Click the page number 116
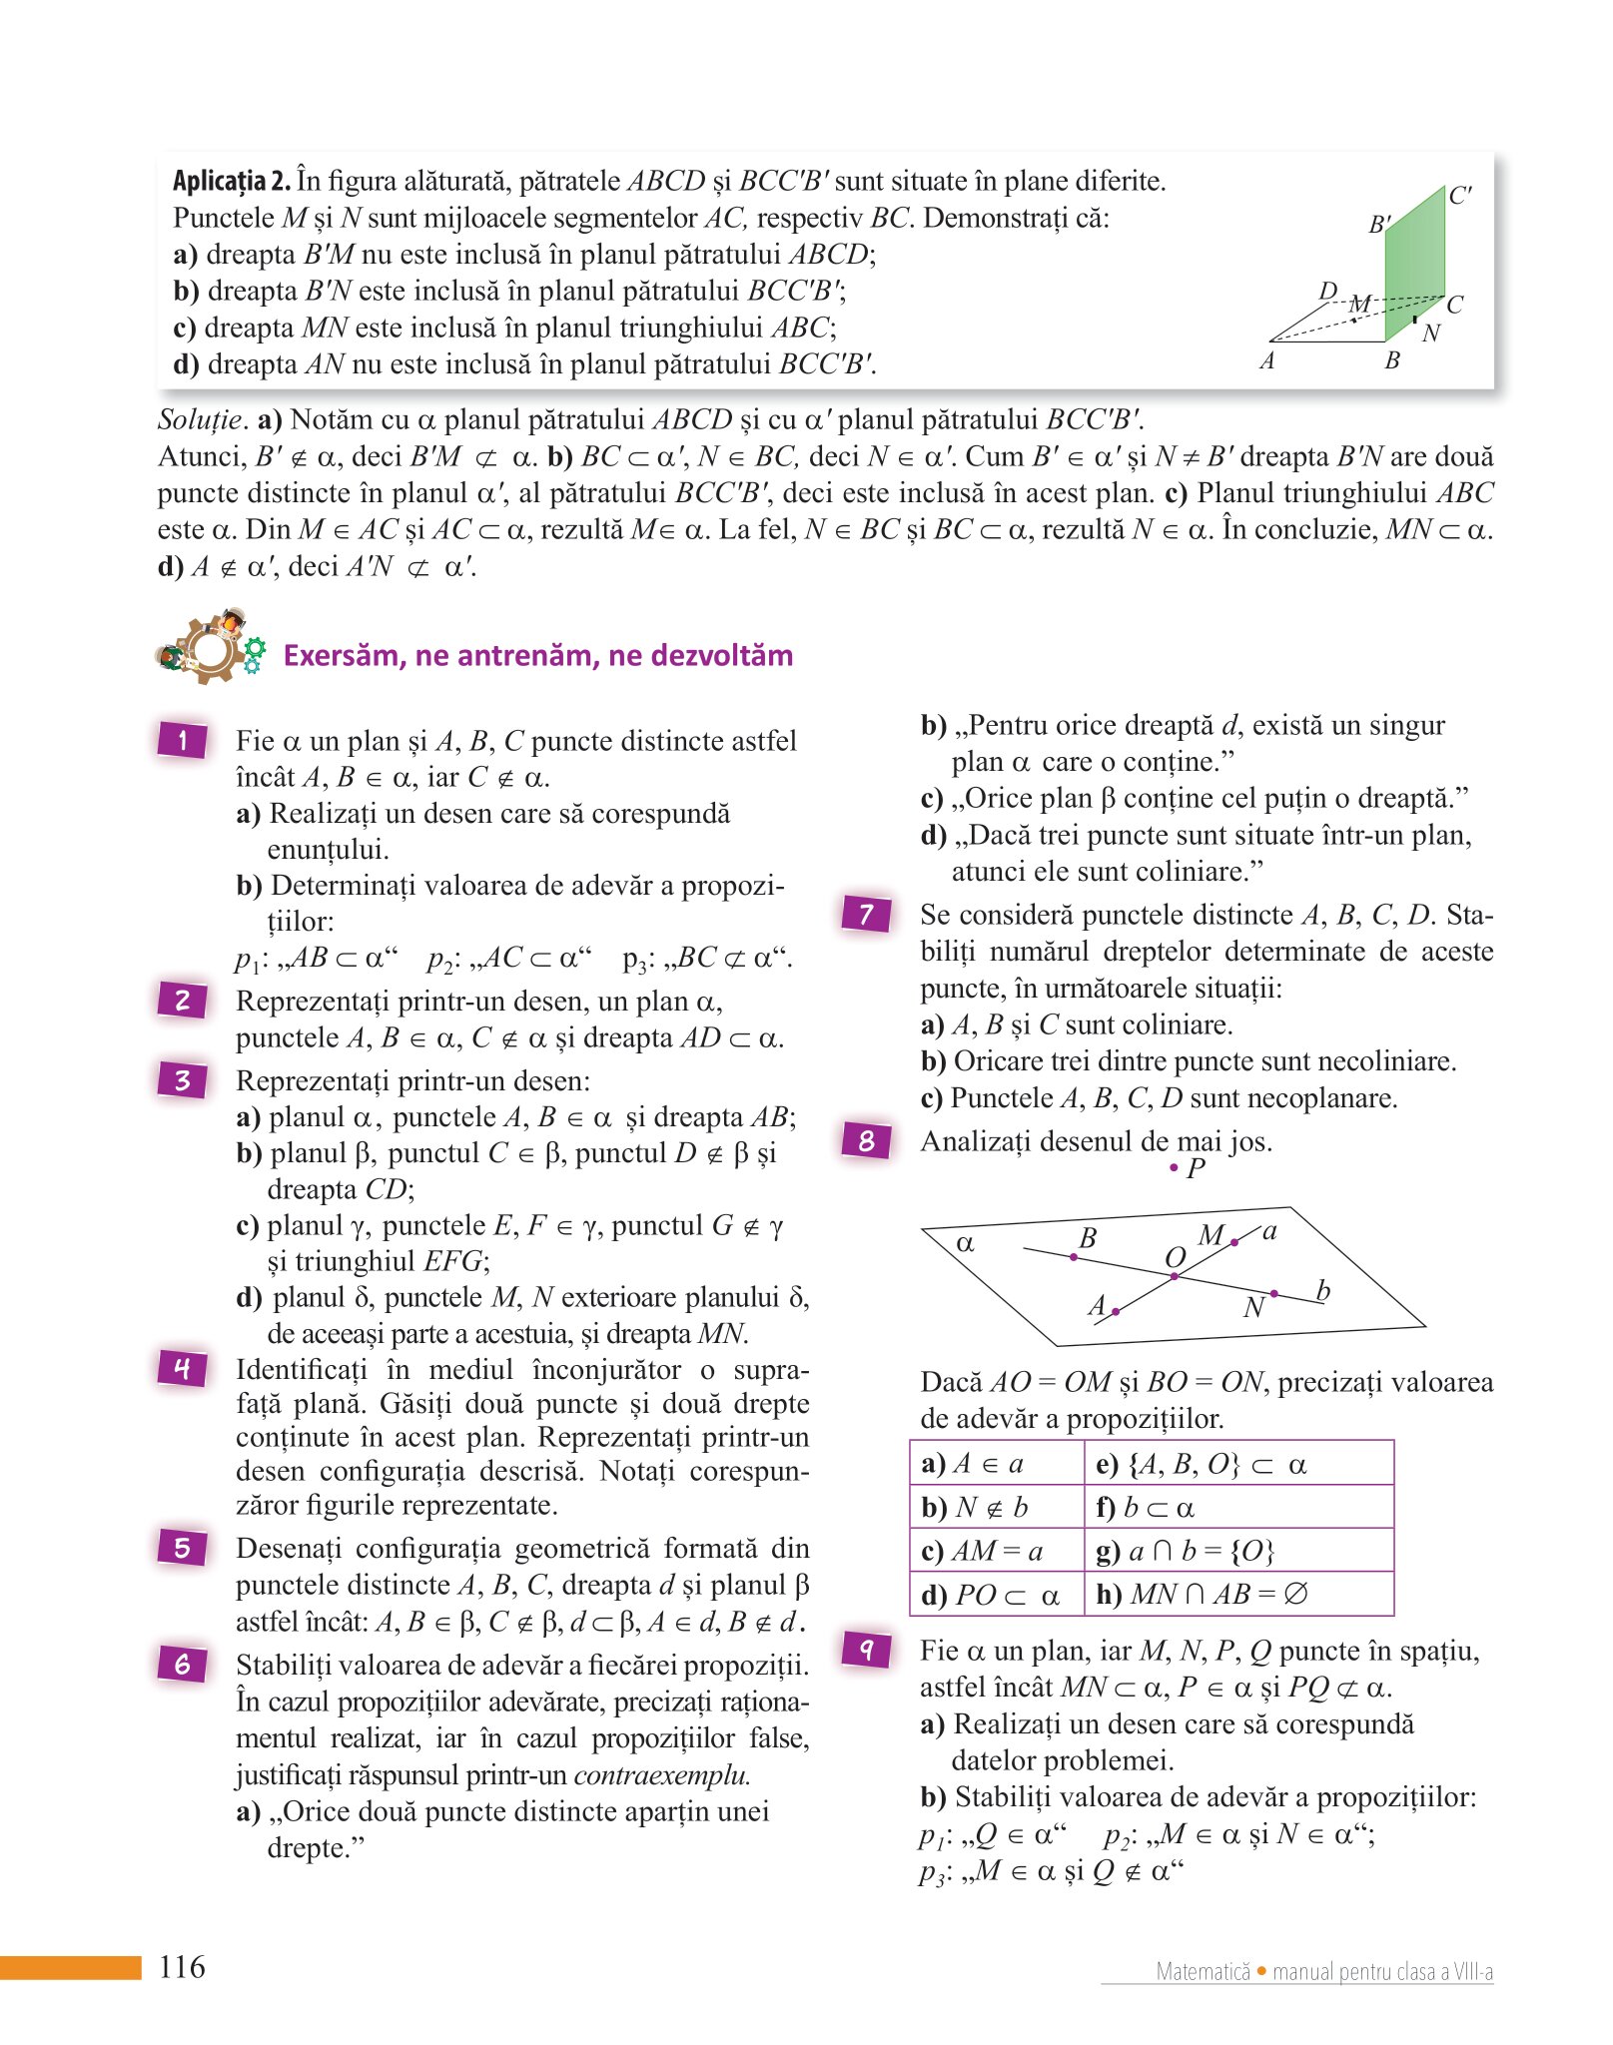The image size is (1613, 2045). coord(182,1966)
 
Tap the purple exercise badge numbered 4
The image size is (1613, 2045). coord(182,1367)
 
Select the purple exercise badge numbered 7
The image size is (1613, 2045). coord(866,913)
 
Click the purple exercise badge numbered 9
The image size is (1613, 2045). coord(866,1649)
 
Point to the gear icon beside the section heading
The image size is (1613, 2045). coord(210,647)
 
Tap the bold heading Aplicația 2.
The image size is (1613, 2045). coord(232,181)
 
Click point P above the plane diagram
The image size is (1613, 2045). coord(1175,1167)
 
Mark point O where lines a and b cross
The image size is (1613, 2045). coord(1175,1275)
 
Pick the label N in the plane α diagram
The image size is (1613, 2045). coord(1254,1307)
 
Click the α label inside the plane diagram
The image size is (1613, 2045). coord(965,1243)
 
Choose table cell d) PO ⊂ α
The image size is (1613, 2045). coord(996,1595)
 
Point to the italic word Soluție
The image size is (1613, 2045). coord(201,419)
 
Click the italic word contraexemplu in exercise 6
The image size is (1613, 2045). coord(660,1774)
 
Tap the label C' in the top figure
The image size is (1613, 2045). coord(1459,196)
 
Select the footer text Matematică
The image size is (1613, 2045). coord(1203,1971)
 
